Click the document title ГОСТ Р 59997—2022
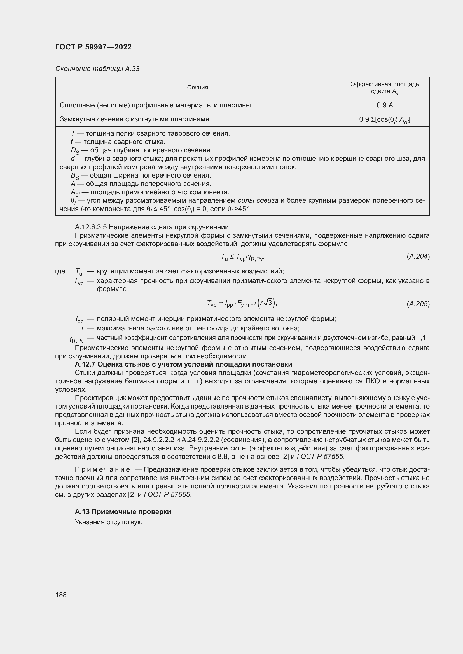point(93,47)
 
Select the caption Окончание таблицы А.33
point(97,69)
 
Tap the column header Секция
point(197,88)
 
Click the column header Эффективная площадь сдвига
point(385,88)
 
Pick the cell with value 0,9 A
point(385,105)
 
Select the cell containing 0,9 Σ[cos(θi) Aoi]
point(385,120)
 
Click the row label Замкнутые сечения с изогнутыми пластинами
point(134,119)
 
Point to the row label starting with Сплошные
point(155,105)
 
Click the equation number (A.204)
point(418,256)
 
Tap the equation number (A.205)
point(418,304)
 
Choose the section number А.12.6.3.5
point(91,227)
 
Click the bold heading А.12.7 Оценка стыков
point(183,364)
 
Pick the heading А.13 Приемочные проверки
point(123,512)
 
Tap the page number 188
point(61,595)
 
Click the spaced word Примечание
point(102,469)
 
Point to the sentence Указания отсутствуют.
point(111,522)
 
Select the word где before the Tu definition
point(60,271)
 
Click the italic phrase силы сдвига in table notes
point(258,200)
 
